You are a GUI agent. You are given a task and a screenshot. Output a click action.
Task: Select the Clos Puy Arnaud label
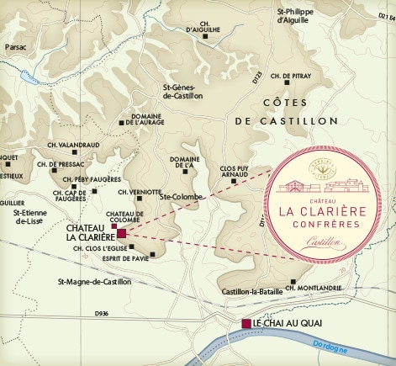(238, 172)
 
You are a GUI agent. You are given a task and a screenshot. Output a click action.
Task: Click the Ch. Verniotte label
(140, 192)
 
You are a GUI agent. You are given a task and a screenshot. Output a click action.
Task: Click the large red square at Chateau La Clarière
(122, 233)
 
